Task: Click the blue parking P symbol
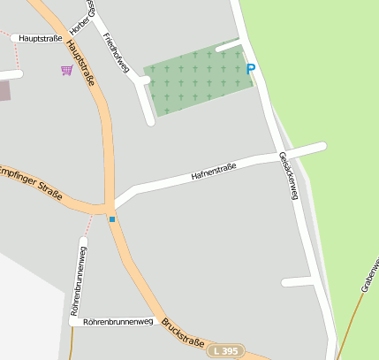[x=251, y=68]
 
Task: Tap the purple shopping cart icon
[x=67, y=70]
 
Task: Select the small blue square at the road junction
[x=112, y=218]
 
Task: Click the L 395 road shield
[x=226, y=351]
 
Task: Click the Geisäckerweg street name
[x=288, y=175]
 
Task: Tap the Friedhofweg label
[x=116, y=53]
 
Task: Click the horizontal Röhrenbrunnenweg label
[x=118, y=322]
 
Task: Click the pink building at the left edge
[x=3, y=89]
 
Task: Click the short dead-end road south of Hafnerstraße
[x=298, y=282]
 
